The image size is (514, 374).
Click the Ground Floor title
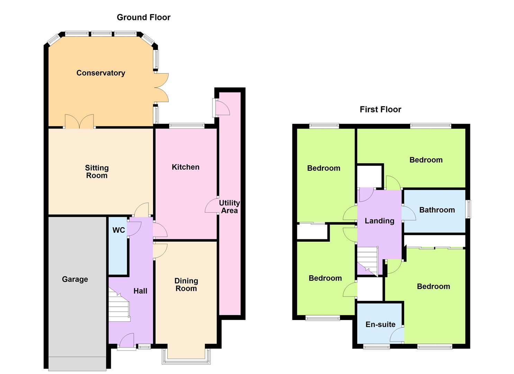tap(144, 17)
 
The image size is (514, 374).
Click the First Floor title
tap(380, 109)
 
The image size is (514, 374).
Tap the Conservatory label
tap(101, 73)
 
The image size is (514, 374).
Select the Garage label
tap(75, 279)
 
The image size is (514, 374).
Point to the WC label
tap(119, 230)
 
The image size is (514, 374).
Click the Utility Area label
tap(229, 207)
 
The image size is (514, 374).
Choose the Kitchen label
tap(186, 167)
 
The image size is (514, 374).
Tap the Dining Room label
tap(186, 284)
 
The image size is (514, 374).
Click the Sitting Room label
tap(97, 172)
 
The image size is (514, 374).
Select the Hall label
tap(140, 291)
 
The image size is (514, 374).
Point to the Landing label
tap(380, 221)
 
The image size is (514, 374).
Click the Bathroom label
tap(437, 210)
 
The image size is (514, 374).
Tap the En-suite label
tap(380, 324)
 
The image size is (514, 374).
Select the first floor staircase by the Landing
tap(368, 261)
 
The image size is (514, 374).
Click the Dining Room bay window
tap(186, 356)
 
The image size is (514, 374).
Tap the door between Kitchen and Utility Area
tap(211, 205)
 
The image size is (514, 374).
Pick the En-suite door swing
tap(397, 335)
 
